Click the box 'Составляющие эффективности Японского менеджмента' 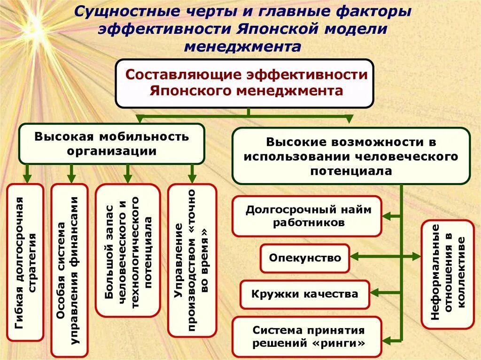245,83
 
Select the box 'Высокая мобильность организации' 111,144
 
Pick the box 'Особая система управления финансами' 70,270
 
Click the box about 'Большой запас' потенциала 128,250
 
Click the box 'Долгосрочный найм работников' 307,216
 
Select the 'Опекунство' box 305,258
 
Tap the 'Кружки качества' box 304,294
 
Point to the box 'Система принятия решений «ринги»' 308,337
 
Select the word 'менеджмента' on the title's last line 242,46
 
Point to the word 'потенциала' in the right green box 350,171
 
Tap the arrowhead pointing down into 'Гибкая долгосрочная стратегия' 27,178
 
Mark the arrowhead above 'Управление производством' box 192,178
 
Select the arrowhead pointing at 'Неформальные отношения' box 416,256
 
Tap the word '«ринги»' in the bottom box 339,343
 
